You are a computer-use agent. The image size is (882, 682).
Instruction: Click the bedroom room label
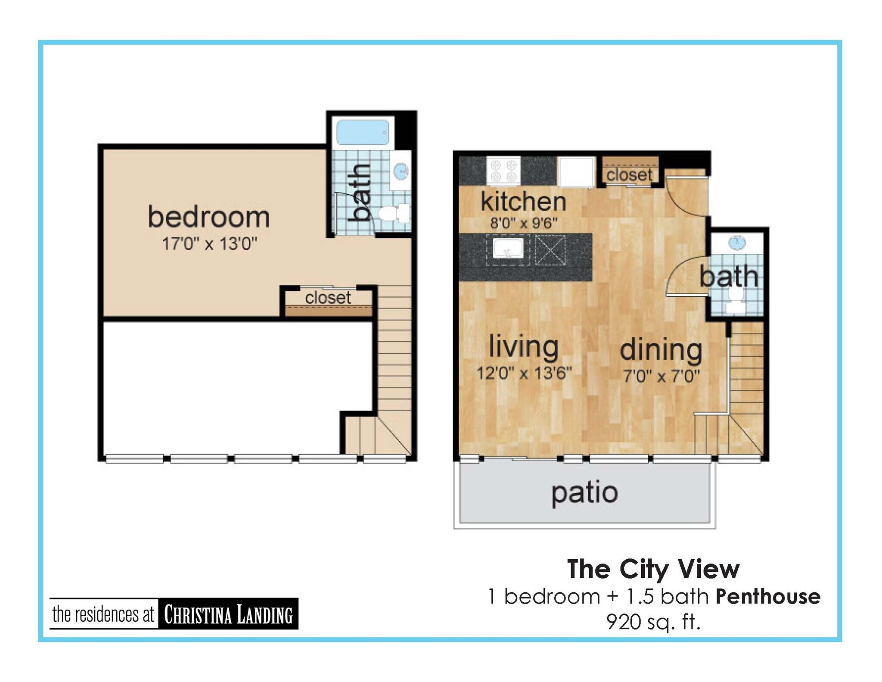[x=209, y=217]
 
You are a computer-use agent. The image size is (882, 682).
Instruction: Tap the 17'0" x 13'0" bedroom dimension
[x=209, y=244]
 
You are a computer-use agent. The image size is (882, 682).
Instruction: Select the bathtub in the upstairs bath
[x=362, y=132]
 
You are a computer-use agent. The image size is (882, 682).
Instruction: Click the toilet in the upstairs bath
[x=392, y=213]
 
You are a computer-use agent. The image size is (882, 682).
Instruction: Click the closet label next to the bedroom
[x=328, y=298]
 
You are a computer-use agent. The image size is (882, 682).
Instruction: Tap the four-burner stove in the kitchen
[x=503, y=171]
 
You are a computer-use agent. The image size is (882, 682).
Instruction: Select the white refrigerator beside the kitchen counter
[x=576, y=171]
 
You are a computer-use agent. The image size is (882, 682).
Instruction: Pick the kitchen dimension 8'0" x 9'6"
[x=524, y=223]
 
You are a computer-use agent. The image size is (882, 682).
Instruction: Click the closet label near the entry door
[x=629, y=175]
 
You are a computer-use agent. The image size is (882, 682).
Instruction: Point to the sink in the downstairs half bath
[x=737, y=242]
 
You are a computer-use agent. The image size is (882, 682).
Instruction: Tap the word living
[x=523, y=347]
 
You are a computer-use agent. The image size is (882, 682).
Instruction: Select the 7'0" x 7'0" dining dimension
[x=661, y=377]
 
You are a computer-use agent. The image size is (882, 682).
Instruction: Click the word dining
[x=661, y=350]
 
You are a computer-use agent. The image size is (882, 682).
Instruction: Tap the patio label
[x=584, y=493]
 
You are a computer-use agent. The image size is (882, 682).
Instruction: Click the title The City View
[x=653, y=569]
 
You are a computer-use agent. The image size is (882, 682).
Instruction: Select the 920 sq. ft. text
[x=653, y=622]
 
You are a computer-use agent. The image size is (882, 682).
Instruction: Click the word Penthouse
[x=768, y=597]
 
